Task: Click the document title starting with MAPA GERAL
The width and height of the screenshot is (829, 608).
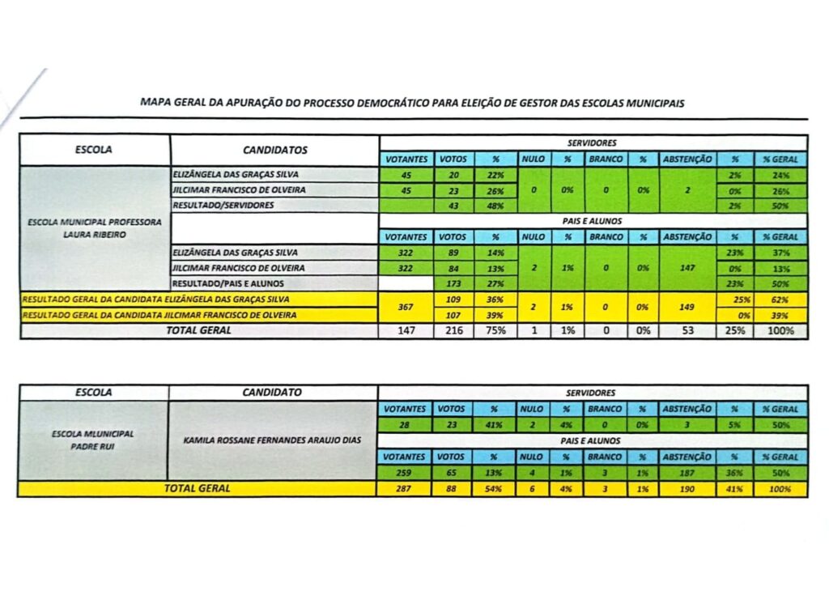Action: click(413, 103)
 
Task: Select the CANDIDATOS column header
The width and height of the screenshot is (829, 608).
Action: click(274, 150)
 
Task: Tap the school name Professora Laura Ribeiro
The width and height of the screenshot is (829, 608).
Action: click(95, 226)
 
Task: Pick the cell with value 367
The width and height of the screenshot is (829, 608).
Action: click(406, 307)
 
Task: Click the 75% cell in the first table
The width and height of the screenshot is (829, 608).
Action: click(495, 330)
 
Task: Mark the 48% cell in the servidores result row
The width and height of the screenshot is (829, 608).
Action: click(495, 206)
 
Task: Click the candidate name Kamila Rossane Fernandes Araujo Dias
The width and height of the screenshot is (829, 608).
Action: click(273, 440)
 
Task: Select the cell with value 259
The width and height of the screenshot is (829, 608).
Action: click(405, 473)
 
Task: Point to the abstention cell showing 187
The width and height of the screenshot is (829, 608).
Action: click(687, 473)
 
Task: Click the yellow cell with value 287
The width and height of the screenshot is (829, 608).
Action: click(405, 489)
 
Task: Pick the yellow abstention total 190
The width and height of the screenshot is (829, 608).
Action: click(687, 489)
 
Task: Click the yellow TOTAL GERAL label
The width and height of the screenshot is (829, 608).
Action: click(197, 488)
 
